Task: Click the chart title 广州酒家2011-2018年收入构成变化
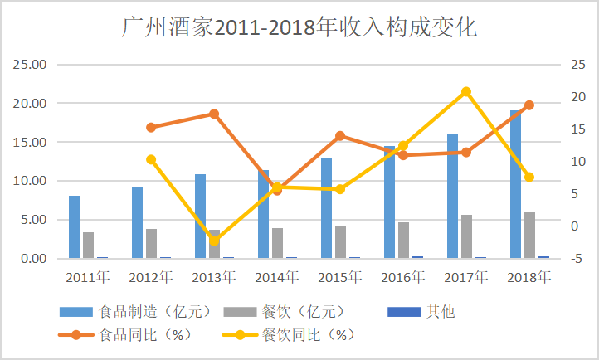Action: click(299, 27)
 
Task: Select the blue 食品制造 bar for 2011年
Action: click(74, 227)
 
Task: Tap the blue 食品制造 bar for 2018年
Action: click(515, 184)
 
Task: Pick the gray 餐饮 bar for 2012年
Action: click(152, 244)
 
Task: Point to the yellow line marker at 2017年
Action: click(466, 91)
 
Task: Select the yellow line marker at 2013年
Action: click(214, 241)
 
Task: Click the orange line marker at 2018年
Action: click(529, 105)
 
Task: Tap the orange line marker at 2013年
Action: click(214, 114)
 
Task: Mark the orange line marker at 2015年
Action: click(340, 135)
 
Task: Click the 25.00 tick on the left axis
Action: click(30, 65)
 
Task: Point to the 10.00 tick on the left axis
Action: click(30, 181)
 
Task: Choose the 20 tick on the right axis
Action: click(572, 97)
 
